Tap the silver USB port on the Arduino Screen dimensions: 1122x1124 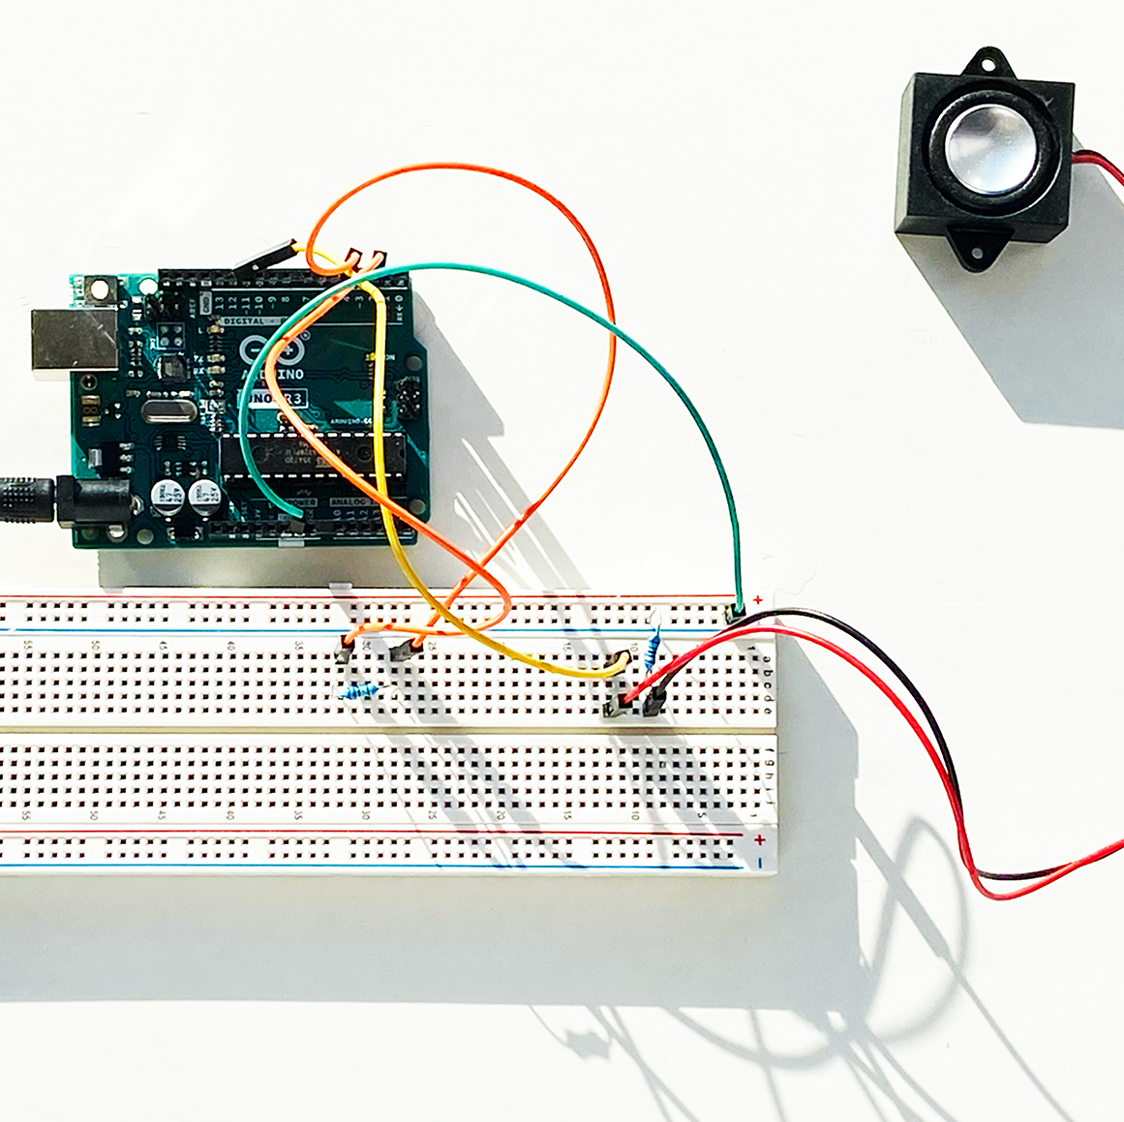pyautogui.click(x=73, y=340)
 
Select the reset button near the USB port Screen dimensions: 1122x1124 pyautogui.click(x=99, y=288)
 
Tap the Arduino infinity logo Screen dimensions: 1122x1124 pyautogui.click(x=260, y=350)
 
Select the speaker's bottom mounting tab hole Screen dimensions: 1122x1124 pyautogui.click(x=971, y=254)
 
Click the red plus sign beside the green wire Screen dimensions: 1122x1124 pyautogui.click(x=758, y=601)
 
